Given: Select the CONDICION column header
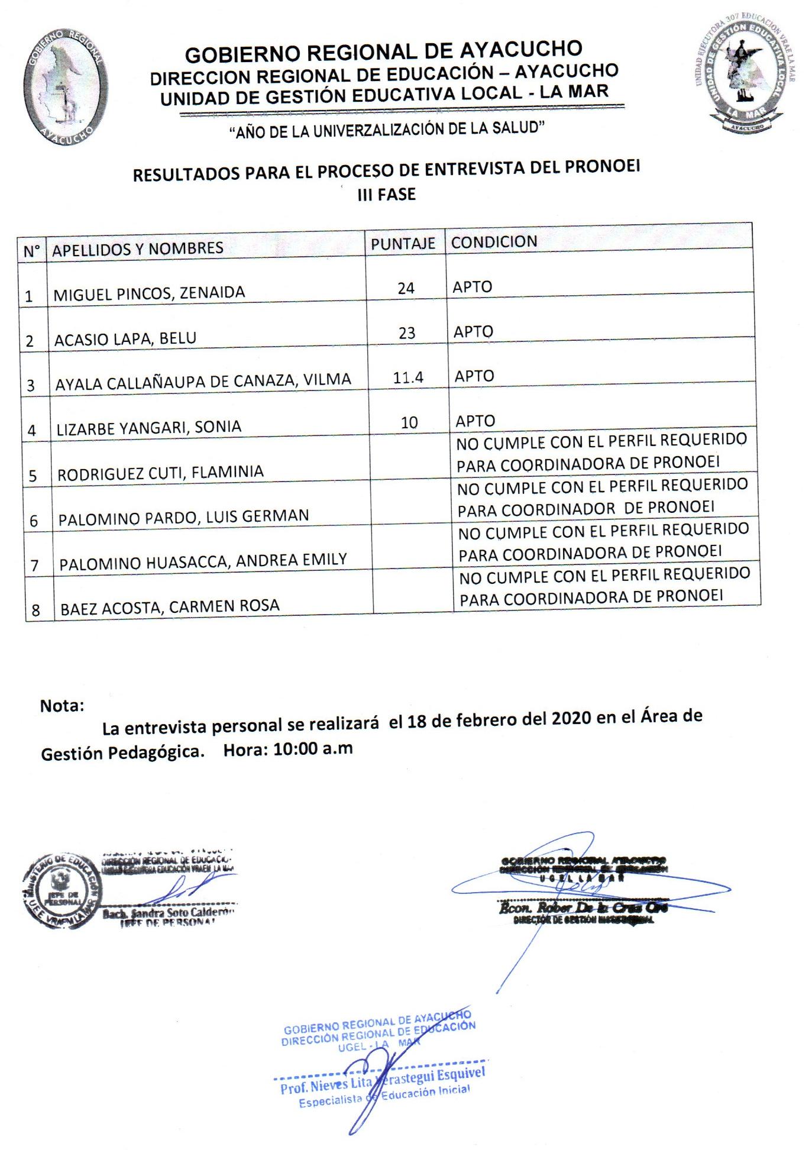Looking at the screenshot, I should click(494, 241).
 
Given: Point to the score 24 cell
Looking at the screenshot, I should click(406, 288).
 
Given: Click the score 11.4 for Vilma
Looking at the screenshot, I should click(408, 377).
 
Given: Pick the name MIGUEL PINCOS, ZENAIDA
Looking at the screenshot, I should click(149, 293).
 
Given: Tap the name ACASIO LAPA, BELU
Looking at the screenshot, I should click(125, 339).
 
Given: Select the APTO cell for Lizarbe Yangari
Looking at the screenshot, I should click(475, 421).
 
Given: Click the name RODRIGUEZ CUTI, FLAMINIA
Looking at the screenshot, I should click(160, 472).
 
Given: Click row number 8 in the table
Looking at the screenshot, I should click(35, 610).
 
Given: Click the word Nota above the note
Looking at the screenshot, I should click(62, 706).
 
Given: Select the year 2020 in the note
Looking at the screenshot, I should click(571, 718).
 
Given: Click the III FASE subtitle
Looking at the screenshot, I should click(386, 194).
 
